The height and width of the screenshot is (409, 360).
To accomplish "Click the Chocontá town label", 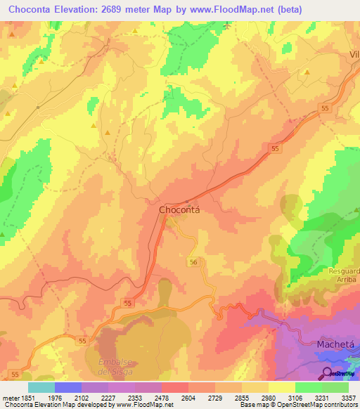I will click(x=180, y=209).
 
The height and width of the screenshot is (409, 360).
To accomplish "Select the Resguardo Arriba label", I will click(x=344, y=275).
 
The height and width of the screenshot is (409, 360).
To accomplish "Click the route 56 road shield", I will click(x=193, y=262).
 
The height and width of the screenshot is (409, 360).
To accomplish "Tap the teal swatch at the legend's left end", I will click(x=41, y=387).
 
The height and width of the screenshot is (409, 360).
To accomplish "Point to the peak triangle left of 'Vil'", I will click(x=307, y=71).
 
